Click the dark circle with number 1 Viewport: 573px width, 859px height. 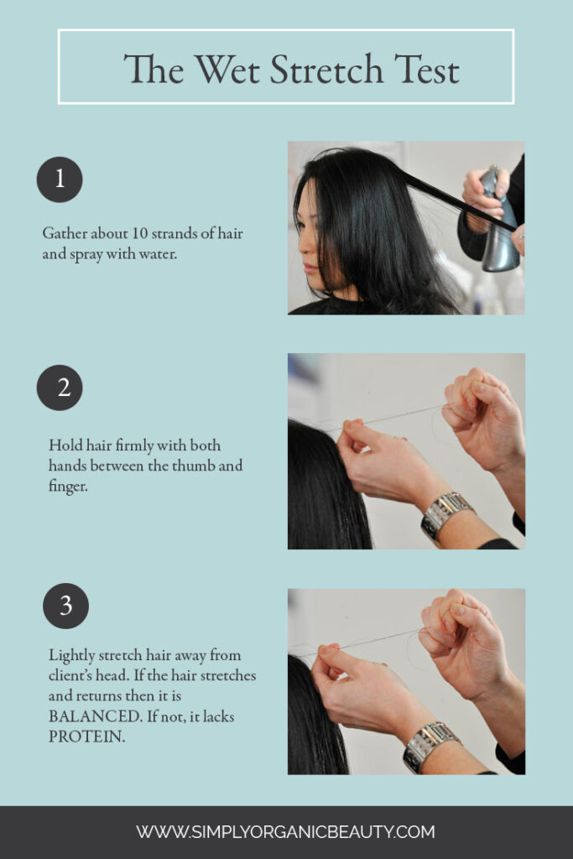click(x=60, y=180)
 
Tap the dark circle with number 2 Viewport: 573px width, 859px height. click(x=60, y=388)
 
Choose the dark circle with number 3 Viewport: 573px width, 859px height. click(x=65, y=606)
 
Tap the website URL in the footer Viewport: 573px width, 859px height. click(x=286, y=832)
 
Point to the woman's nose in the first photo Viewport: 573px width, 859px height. click(x=301, y=248)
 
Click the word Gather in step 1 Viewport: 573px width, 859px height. click(x=65, y=233)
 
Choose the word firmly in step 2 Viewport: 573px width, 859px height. click(x=109, y=445)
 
